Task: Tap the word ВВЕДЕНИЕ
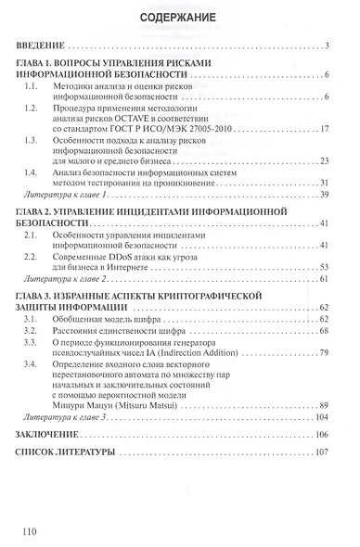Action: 41,45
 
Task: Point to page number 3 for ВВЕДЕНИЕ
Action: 329,45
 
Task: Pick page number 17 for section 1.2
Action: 326,127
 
